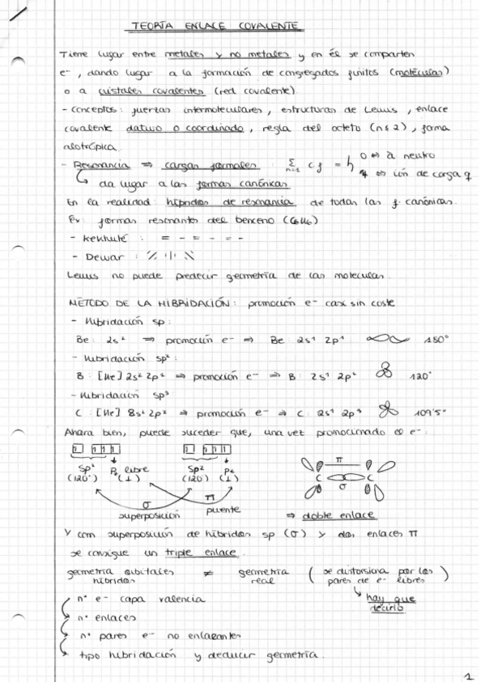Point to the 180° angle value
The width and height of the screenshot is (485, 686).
tap(436, 341)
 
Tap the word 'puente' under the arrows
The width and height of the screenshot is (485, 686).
tap(223, 510)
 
